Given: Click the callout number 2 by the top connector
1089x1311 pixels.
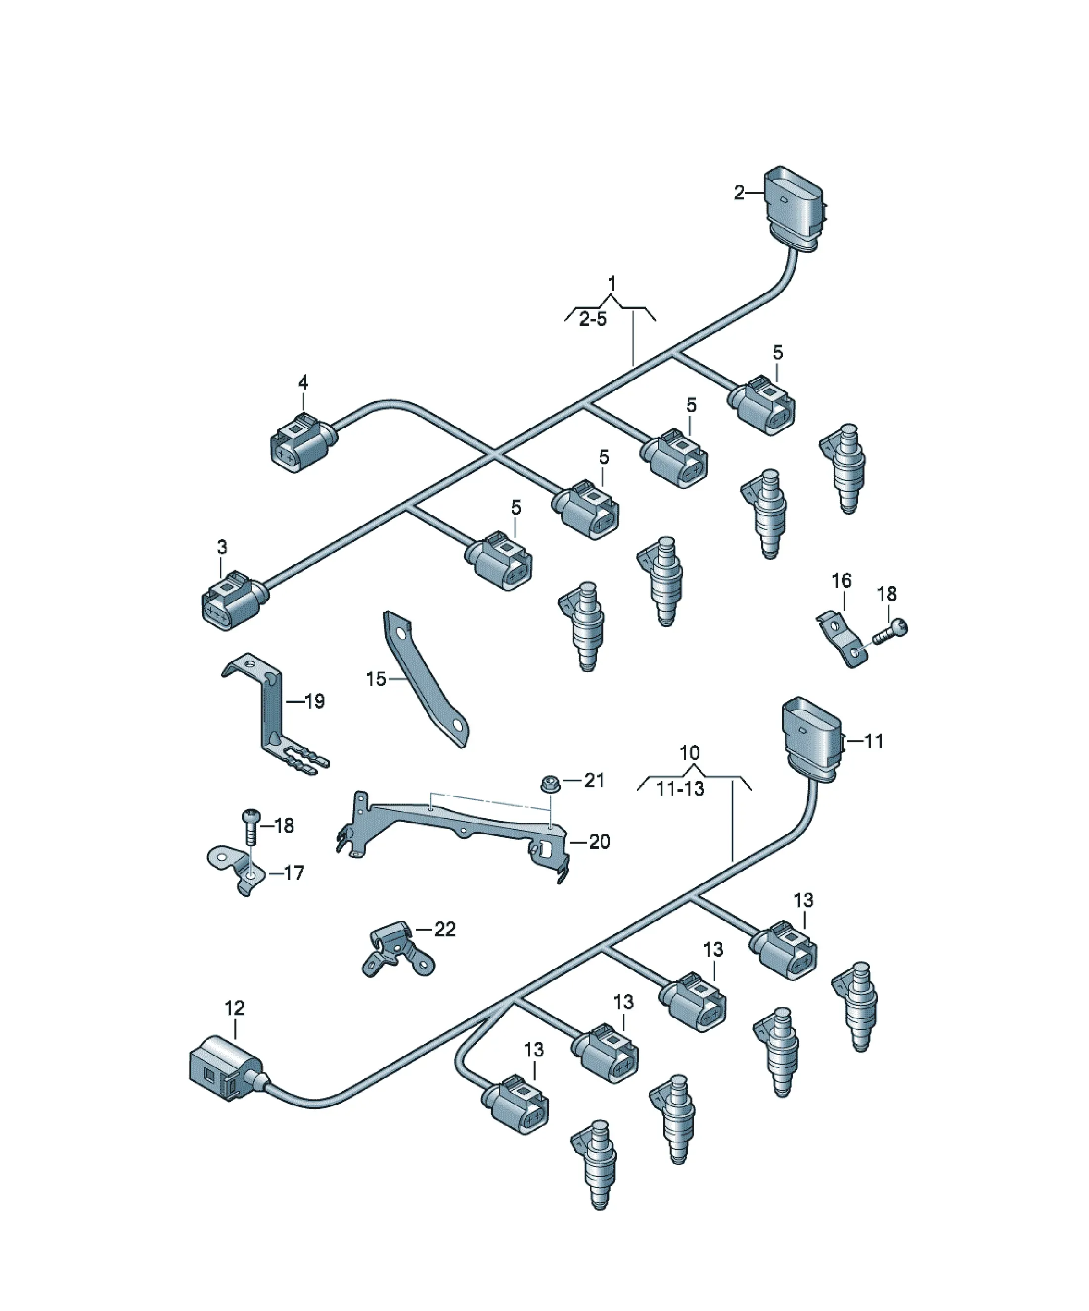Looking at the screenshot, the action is (x=739, y=193).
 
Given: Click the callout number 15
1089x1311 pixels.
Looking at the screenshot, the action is (x=376, y=678).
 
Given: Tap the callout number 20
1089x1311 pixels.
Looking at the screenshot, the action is (x=599, y=842).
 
